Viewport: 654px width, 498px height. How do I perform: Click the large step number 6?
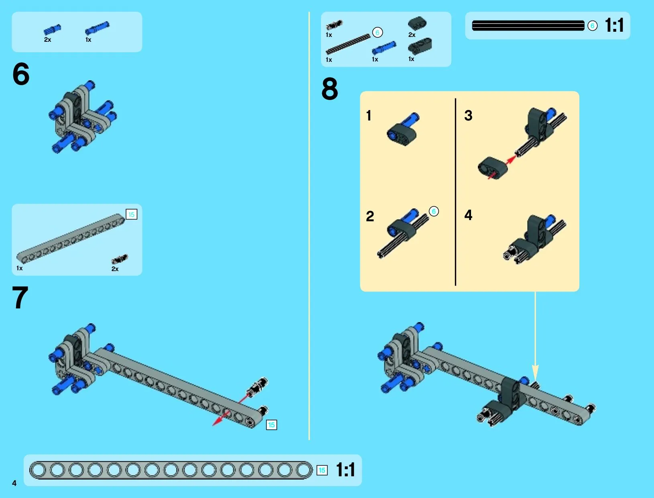pyautogui.click(x=21, y=73)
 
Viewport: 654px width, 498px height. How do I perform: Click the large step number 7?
pyautogui.click(x=20, y=297)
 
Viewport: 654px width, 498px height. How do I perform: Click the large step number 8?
pyautogui.click(x=330, y=89)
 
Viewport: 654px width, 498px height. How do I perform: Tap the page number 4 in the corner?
pyautogui.click(x=14, y=483)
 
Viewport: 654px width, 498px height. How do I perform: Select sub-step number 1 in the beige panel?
pyautogui.click(x=369, y=115)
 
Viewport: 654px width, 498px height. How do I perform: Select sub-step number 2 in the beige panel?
pyautogui.click(x=370, y=216)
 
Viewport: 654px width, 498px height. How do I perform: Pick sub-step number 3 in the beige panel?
pyautogui.click(x=468, y=115)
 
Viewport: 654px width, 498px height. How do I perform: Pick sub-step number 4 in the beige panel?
pyautogui.click(x=468, y=215)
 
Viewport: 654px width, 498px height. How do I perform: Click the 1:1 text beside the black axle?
pyautogui.click(x=614, y=25)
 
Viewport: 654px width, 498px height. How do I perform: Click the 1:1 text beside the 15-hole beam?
pyautogui.click(x=345, y=470)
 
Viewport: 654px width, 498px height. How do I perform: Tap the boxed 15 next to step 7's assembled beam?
pyautogui.click(x=271, y=425)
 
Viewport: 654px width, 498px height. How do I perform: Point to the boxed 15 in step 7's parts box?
pyautogui.click(x=131, y=214)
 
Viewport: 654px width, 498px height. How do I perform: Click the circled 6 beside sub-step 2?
pyautogui.click(x=434, y=211)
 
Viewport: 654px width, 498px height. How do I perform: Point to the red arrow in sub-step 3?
pyautogui.click(x=502, y=167)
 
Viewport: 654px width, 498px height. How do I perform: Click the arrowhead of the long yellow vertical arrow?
pyautogui.click(x=535, y=373)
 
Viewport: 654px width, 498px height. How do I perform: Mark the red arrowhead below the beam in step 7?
pyautogui.click(x=217, y=421)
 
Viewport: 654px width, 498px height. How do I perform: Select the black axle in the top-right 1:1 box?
pyautogui.click(x=528, y=25)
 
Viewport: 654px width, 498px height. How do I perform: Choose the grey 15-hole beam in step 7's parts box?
pyautogui.click(x=71, y=239)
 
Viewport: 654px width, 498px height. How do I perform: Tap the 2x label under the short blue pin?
pyautogui.click(x=47, y=40)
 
